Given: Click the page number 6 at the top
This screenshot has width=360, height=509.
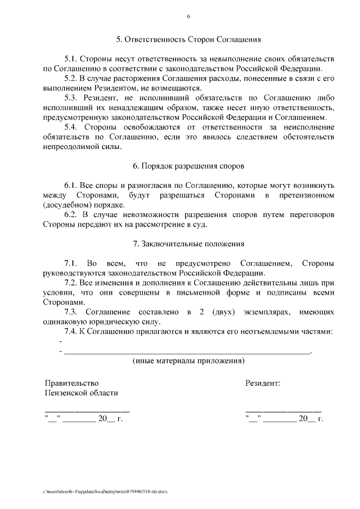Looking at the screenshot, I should click(189, 16).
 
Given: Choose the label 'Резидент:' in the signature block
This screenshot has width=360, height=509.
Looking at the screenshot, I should click(263, 383).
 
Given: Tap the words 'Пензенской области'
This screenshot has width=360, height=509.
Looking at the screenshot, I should click(81, 393).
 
